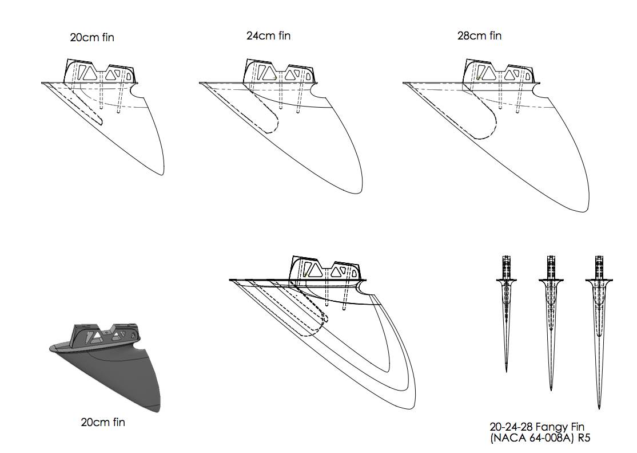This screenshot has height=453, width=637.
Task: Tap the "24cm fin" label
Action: click(x=268, y=36)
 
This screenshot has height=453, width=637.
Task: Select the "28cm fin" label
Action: click(x=479, y=36)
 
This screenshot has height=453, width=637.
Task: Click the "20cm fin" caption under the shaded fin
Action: click(x=103, y=423)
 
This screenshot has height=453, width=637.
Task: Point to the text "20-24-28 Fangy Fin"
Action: click(x=537, y=427)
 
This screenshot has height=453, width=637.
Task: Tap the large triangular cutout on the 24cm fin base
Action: click(x=266, y=72)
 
